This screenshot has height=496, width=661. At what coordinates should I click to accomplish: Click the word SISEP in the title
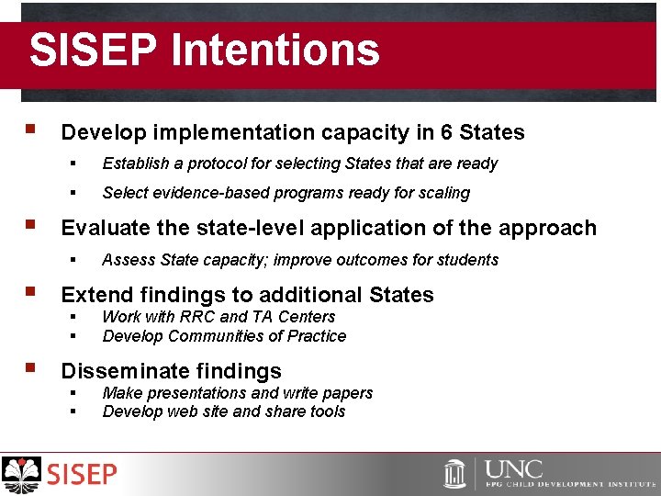tap(90, 50)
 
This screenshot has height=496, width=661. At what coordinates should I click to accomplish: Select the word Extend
tap(96, 295)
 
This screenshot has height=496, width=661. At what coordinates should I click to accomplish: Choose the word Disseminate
tap(118, 371)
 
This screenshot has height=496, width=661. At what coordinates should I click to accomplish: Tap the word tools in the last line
tap(328, 411)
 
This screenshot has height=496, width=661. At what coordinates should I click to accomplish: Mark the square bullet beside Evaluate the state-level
tap(31, 225)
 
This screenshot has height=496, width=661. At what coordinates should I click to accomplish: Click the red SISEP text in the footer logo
tap(83, 475)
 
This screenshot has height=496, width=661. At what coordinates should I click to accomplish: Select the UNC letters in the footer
tap(514, 468)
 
